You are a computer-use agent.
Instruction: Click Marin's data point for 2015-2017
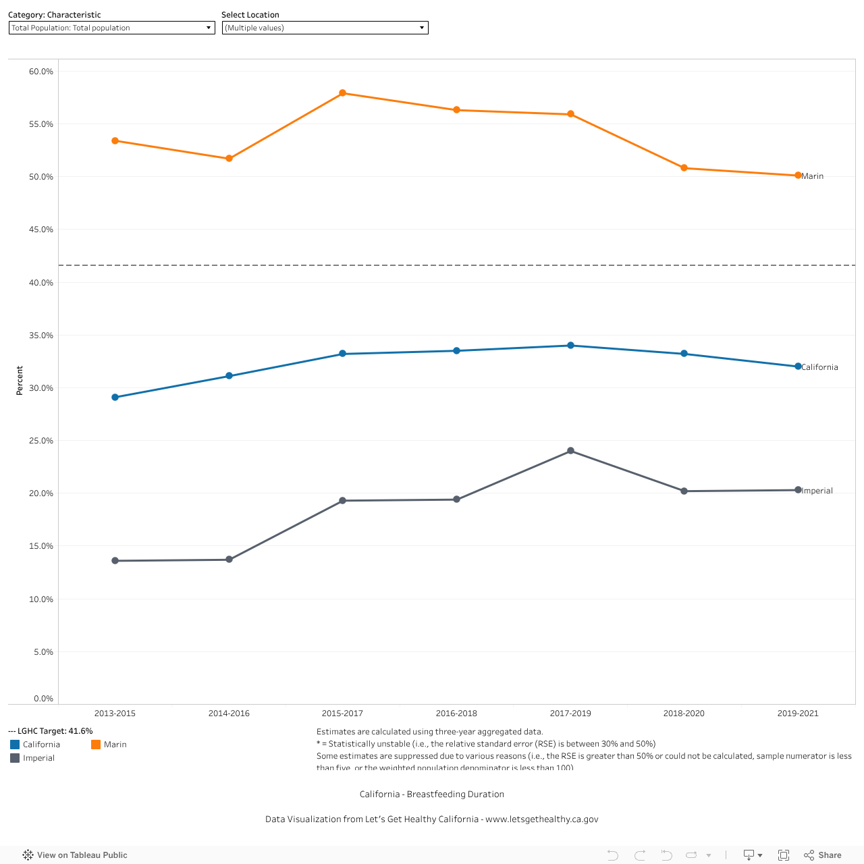tap(342, 93)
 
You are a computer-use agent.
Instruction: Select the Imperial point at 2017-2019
tap(570, 451)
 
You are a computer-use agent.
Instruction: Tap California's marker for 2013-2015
tap(115, 398)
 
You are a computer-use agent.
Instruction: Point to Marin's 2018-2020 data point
tap(684, 168)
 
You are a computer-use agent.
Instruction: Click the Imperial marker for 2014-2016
tap(229, 560)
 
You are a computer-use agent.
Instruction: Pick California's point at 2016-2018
tap(456, 351)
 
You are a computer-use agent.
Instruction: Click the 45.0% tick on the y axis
tap(41, 230)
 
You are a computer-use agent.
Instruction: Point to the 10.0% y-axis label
tap(41, 599)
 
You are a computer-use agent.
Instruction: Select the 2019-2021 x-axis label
tap(798, 713)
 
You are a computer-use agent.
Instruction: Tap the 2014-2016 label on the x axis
tap(229, 713)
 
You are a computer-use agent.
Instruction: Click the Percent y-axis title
tap(20, 381)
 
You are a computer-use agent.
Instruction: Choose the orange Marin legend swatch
tap(96, 745)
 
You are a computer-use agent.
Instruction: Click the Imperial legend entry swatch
tap(15, 758)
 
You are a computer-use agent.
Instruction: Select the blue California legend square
tap(15, 745)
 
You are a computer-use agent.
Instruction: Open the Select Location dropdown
tap(325, 28)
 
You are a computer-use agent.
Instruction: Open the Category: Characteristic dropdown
tap(111, 28)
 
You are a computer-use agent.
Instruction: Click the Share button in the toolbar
tap(823, 855)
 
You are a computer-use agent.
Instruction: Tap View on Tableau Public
tap(75, 855)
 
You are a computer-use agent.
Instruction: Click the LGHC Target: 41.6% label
tap(51, 731)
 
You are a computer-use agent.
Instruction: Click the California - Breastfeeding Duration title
tap(432, 794)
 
